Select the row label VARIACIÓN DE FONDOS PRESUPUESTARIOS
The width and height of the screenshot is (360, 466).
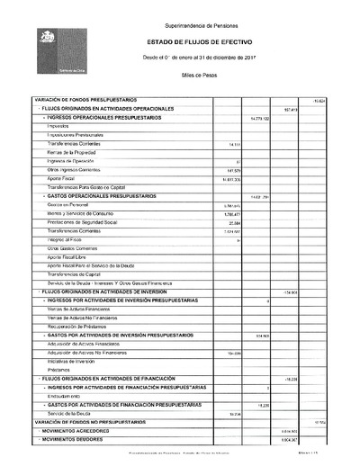click(x=85, y=99)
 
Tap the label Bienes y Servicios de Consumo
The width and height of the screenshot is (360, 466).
click(x=79, y=213)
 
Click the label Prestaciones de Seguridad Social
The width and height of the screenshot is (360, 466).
click(x=81, y=222)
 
